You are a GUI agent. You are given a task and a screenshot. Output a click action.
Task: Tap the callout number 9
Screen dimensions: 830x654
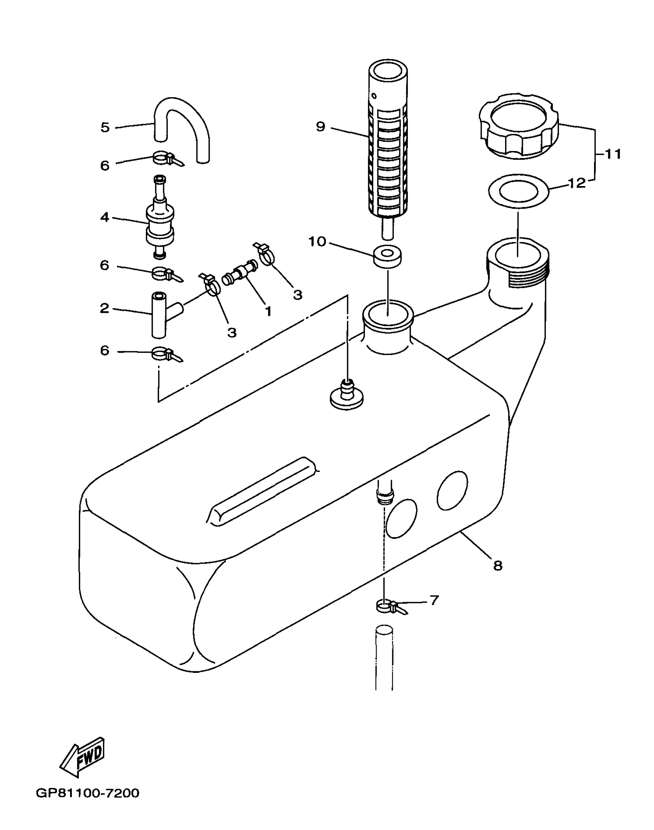tap(320, 126)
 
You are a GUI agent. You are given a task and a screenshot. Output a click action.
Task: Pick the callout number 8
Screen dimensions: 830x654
tap(497, 565)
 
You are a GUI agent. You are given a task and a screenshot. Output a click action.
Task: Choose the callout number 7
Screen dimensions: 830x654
tap(434, 600)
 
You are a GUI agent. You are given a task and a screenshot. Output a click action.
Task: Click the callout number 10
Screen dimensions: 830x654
tap(317, 242)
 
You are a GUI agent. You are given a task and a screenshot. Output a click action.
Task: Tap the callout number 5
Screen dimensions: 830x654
tap(105, 127)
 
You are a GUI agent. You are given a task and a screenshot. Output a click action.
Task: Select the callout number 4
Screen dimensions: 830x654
tap(105, 217)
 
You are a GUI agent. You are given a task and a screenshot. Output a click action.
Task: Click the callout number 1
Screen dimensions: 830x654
tap(268, 310)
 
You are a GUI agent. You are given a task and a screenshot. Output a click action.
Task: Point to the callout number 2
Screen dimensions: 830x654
tap(105, 308)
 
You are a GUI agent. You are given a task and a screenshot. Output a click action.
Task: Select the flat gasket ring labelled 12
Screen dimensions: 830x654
tap(518, 191)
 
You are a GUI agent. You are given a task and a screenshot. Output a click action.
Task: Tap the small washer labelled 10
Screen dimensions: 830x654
tap(387, 256)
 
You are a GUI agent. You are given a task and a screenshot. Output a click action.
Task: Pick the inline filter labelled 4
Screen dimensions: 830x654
tap(160, 217)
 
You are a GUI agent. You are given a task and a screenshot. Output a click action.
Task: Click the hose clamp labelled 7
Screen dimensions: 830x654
tap(387, 607)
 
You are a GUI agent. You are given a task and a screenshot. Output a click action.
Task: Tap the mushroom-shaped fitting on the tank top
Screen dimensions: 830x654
tap(347, 397)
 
